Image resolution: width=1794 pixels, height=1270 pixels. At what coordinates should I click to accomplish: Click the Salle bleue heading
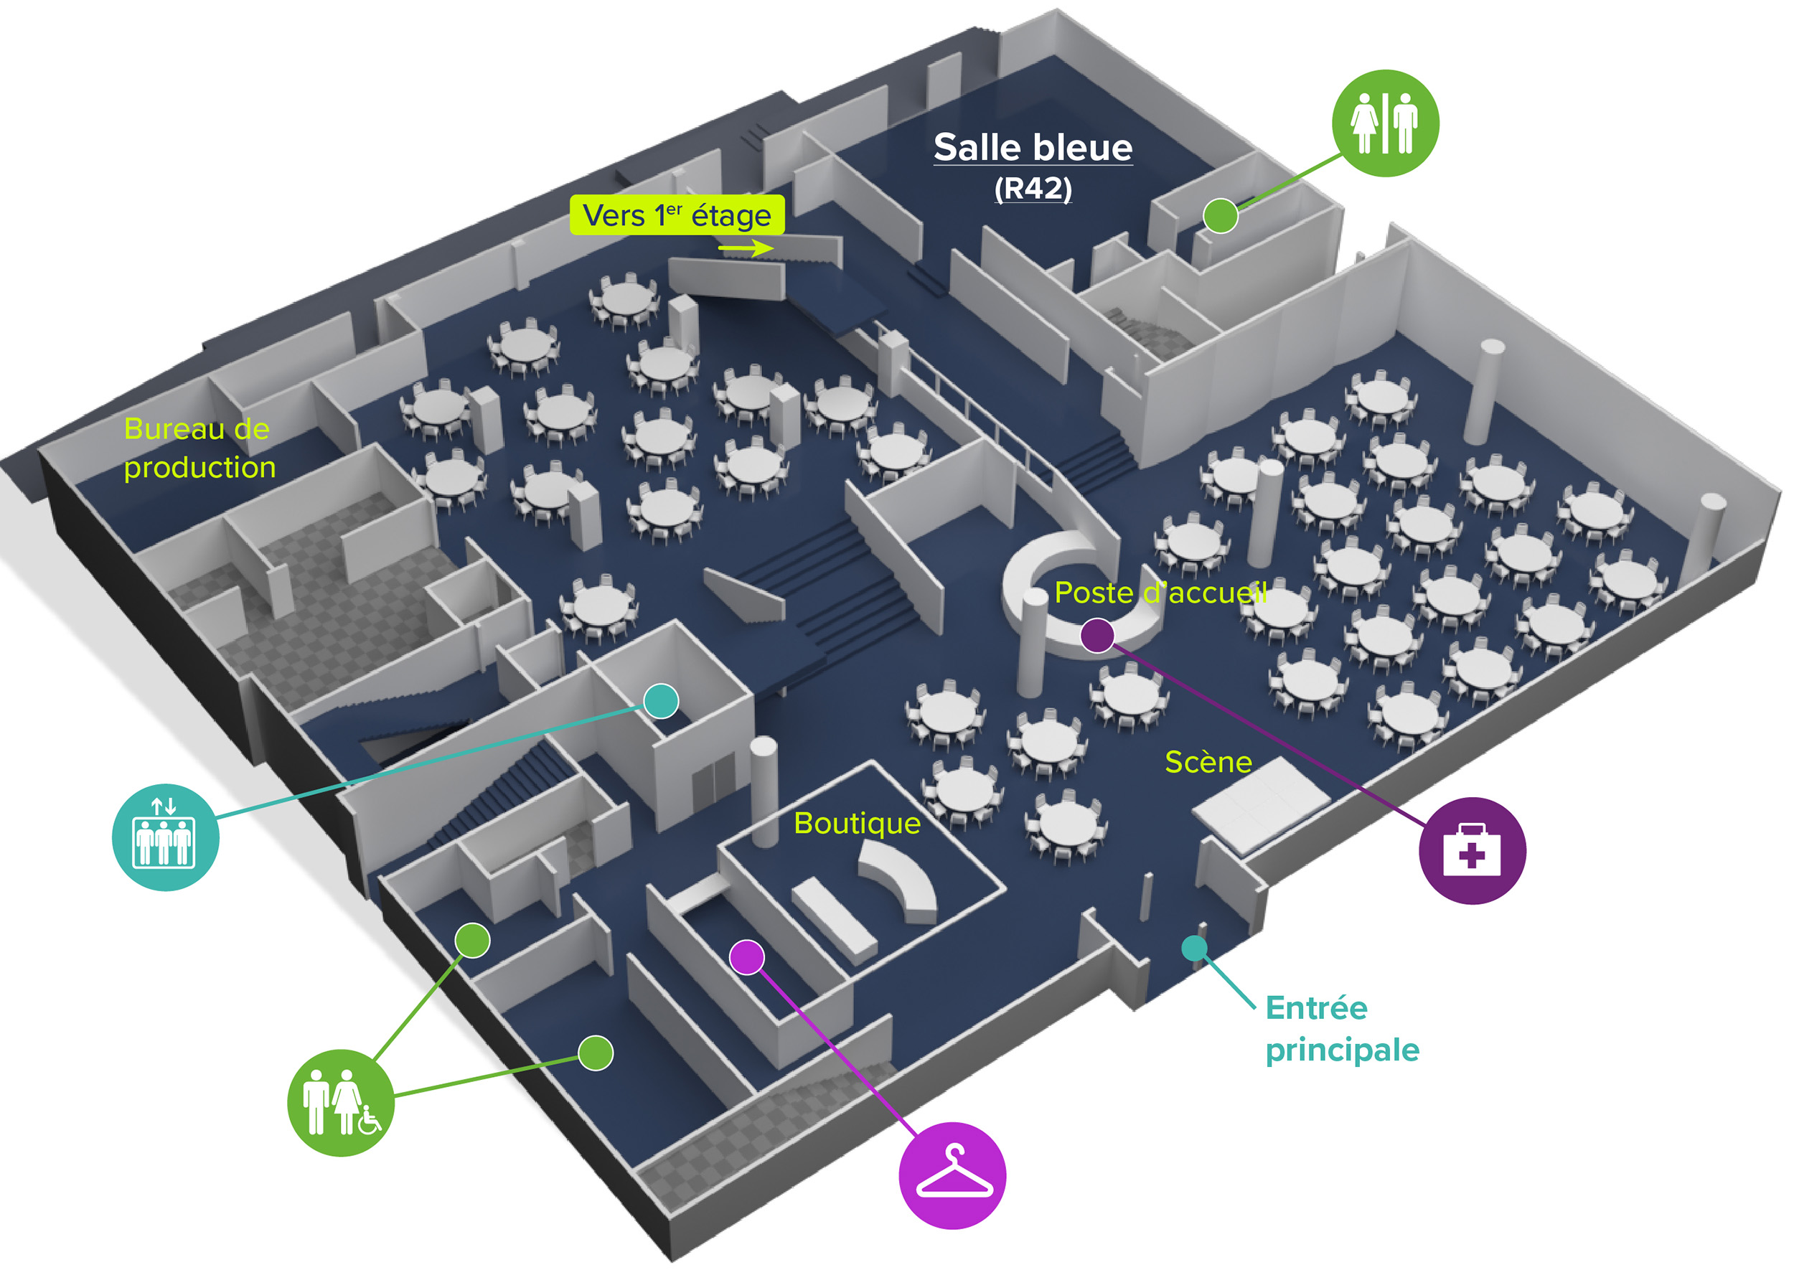[1033, 148]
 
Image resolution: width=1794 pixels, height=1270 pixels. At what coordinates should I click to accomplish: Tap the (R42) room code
[1033, 189]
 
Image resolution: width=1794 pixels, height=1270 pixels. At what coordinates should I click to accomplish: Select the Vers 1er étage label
[677, 215]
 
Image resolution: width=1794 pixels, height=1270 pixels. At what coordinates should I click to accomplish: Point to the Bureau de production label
[199, 448]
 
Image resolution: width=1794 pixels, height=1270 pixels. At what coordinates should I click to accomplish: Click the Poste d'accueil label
[1160, 593]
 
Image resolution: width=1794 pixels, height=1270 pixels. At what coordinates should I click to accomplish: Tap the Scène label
[1208, 762]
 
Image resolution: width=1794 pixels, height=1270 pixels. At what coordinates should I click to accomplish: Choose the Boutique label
[857, 824]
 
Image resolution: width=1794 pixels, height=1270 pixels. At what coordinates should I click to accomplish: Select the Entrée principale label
[1341, 1028]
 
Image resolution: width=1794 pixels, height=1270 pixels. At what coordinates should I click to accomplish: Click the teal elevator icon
[165, 837]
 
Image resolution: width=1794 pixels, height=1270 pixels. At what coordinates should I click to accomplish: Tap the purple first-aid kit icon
[1471, 851]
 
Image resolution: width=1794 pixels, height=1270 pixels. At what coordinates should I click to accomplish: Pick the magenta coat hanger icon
[952, 1175]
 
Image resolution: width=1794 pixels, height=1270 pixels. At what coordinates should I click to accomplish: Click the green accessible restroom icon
[340, 1102]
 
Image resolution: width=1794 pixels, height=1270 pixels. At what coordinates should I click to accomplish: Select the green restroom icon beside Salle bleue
[1384, 123]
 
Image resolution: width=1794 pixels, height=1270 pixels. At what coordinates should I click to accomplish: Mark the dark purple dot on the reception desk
[1096, 635]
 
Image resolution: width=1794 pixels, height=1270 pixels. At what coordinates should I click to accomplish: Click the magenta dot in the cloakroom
[747, 957]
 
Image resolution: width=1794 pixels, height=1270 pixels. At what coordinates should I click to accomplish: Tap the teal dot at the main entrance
[1193, 949]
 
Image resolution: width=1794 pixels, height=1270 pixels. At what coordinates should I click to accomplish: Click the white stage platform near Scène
[1260, 805]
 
